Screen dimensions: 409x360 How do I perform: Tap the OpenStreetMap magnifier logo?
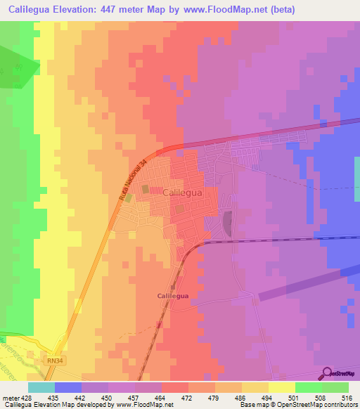click(326, 374)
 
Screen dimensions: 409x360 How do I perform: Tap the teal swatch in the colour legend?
click(41, 387)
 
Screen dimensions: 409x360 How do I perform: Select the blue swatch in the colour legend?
click(68, 387)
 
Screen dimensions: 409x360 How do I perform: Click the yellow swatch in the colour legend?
click(282, 387)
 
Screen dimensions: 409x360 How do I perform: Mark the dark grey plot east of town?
click(227, 225)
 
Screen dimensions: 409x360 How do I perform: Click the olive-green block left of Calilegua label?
click(146, 189)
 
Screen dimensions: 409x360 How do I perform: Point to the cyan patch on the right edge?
click(356, 169)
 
